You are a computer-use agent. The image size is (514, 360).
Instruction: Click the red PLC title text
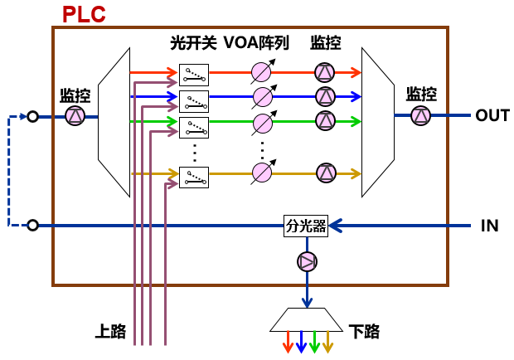pos(85,14)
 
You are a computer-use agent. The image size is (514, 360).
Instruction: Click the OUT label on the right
pos(492,116)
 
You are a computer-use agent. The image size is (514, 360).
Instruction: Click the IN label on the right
pos(490,226)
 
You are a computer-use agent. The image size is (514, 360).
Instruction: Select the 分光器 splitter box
pos(307,226)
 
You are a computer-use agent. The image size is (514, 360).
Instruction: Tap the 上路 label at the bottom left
pos(110,332)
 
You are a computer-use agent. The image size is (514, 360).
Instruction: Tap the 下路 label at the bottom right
pos(365,332)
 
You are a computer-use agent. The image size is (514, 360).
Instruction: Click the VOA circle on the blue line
pos(262,96)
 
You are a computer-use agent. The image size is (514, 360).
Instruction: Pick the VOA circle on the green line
pos(262,124)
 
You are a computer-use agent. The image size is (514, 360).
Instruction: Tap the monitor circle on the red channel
pos(324,72)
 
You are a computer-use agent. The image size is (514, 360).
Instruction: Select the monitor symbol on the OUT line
pos(421,116)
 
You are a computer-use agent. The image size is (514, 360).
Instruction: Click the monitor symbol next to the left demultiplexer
pos(75,116)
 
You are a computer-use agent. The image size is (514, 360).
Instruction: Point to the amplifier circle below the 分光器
pos(307,262)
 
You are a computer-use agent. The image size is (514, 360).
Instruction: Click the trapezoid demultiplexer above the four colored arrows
pos(307,318)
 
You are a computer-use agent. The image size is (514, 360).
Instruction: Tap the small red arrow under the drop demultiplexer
pos(287,342)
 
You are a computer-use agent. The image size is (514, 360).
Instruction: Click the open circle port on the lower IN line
pos(32,226)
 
